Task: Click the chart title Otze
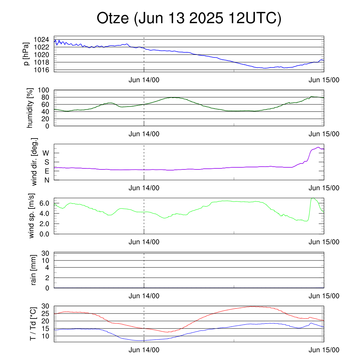click(x=112, y=18)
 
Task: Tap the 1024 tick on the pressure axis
click(x=41, y=39)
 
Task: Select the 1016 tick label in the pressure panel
click(x=41, y=70)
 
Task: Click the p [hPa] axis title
click(x=26, y=54)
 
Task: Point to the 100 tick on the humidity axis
click(x=43, y=90)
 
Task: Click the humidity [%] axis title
click(x=30, y=108)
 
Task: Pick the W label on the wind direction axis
click(x=46, y=153)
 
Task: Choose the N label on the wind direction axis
click(x=47, y=180)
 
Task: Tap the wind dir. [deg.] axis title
click(x=34, y=162)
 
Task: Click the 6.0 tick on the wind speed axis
click(x=44, y=203)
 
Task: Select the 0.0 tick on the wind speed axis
click(x=44, y=234)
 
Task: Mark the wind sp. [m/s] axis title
click(x=31, y=216)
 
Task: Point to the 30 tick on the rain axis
click(x=45, y=253)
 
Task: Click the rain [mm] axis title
click(x=33, y=270)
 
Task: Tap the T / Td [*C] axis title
click(x=33, y=324)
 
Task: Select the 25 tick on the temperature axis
click(x=45, y=313)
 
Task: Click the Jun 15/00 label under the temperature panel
click(x=324, y=350)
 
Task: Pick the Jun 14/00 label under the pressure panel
click(x=144, y=80)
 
